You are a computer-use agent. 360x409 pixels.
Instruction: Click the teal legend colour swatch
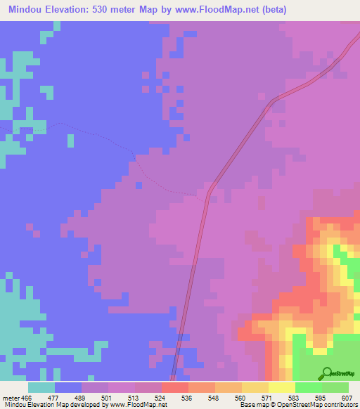[x=41, y=387]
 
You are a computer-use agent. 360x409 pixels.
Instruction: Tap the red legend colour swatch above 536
[x=174, y=387]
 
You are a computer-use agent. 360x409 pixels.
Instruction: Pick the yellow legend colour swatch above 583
[x=281, y=387]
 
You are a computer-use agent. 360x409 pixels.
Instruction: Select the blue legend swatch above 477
[x=67, y=387]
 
